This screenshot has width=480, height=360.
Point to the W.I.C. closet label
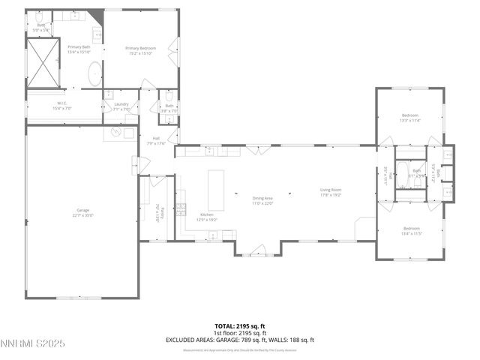point(61,106)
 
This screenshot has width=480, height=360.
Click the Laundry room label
point(121,106)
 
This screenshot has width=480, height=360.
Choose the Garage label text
point(82,212)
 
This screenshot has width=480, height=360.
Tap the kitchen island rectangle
point(216,190)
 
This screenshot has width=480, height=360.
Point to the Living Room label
point(331,192)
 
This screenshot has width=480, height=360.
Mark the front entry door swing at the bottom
point(259,250)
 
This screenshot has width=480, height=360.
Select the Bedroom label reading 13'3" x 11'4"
point(410,117)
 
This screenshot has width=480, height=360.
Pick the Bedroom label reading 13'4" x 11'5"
point(412,230)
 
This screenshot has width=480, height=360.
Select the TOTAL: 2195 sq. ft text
point(240,326)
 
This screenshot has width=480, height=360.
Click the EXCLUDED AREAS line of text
point(240,340)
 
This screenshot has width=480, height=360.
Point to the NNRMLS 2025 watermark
point(33,344)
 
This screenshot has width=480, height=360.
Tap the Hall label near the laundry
point(157,140)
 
